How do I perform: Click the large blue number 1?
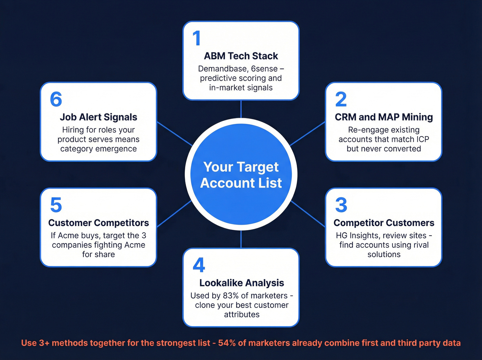[x=197, y=38]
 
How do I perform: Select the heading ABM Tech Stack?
[x=241, y=56]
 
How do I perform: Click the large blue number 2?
[x=341, y=100]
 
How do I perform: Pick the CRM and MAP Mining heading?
[x=384, y=117]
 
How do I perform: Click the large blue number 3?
[x=341, y=205]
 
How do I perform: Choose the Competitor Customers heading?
[x=384, y=223]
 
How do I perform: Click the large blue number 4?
[x=199, y=265]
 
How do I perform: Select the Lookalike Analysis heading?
[x=241, y=283]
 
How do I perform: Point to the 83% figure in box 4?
[x=230, y=296]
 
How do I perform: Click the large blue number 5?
[x=56, y=205]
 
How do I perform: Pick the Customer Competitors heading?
[x=98, y=223]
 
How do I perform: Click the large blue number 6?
[x=56, y=100]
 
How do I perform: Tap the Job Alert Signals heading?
[x=98, y=117]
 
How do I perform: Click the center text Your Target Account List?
[x=241, y=175]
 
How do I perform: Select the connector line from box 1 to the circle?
[x=241, y=109]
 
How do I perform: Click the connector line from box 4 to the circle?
[x=241, y=239]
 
